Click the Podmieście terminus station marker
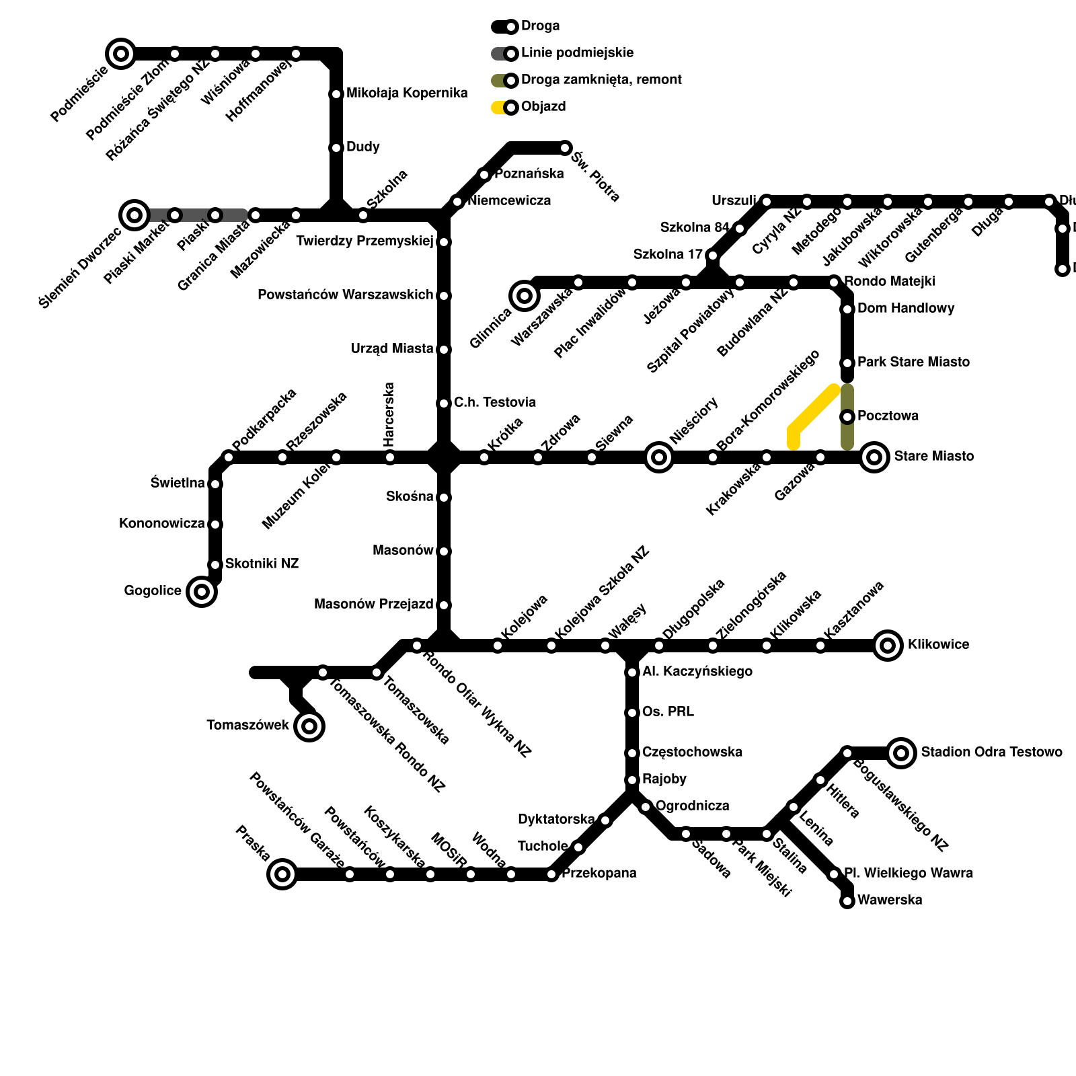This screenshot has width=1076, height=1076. coord(121,54)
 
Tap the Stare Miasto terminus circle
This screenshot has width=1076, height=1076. coord(874,457)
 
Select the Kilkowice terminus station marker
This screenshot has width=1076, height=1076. coord(888,646)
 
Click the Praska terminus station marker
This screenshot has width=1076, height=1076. coord(282,874)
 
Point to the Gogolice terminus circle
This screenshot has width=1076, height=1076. coord(202,592)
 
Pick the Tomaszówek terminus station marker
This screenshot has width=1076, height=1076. coord(309,726)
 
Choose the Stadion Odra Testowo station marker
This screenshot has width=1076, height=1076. coord(901,753)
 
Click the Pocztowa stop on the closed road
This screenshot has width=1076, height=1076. coord(847,417)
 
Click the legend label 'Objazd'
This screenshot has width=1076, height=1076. coord(543,107)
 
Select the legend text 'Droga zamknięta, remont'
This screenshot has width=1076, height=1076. coord(601,80)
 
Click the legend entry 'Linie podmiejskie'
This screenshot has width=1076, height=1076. coord(577,53)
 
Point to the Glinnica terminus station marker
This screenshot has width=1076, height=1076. coord(525,296)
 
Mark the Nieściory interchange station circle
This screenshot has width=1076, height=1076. coord(659,457)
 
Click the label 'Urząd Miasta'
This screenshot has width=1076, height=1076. coord(392,349)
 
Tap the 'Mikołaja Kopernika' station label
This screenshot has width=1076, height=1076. coord(407,93)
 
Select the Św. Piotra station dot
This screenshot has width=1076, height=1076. coord(565,148)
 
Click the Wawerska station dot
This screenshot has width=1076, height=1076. coord(847,901)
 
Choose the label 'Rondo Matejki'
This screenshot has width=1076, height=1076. coord(889,281)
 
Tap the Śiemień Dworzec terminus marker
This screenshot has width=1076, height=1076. coord(134,215)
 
